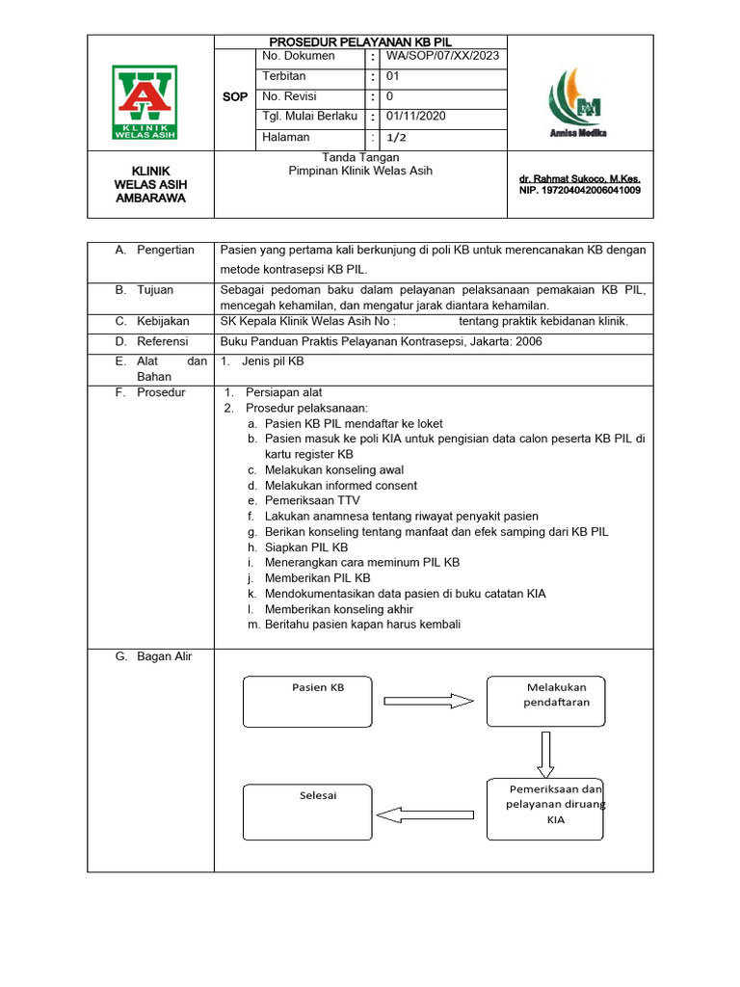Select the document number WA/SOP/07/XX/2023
click(442, 57)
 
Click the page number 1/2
click(396, 138)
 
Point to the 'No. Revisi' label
click(289, 97)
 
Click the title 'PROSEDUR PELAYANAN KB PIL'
click(359, 42)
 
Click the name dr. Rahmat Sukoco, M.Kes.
click(579, 179)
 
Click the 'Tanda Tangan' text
click(359, 157)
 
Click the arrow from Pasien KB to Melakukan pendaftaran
click(428, 702)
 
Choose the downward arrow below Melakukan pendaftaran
click(545, 753)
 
